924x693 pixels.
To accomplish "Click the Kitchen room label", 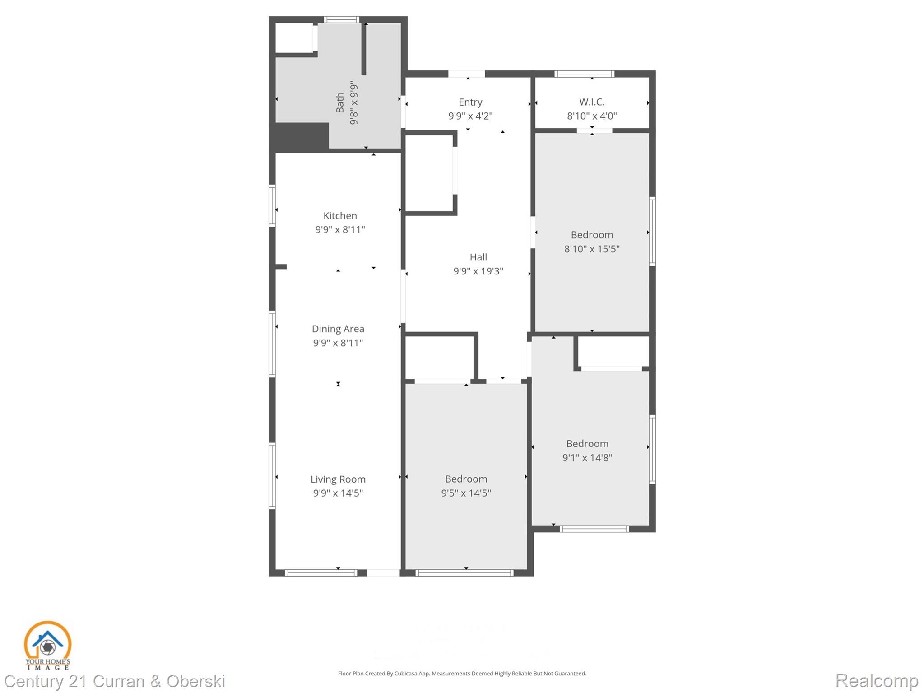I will (340, 216).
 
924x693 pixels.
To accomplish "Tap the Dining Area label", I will (338, 329).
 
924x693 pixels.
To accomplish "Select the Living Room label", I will (338, 479).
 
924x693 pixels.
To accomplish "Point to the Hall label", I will (478, 257).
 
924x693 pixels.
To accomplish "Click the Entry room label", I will (470, 102).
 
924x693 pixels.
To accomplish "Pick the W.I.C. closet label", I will (591, 102).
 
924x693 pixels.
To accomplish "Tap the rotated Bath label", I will (340, 102).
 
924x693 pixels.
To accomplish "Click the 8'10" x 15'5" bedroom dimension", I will (591, 249).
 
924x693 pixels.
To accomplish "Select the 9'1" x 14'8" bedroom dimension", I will (587, 458).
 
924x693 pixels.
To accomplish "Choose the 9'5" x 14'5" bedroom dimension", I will (466, 493).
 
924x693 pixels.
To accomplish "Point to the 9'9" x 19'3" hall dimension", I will (478, 271).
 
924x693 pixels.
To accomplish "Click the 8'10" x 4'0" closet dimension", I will (591, 116).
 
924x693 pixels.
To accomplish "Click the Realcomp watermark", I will (877, 680).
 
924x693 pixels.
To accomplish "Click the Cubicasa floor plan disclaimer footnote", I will (462, 674).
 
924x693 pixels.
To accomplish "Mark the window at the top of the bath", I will (341, 19).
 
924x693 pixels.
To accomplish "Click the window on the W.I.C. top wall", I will (584, 74).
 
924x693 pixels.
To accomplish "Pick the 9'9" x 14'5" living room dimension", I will (338, 493).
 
